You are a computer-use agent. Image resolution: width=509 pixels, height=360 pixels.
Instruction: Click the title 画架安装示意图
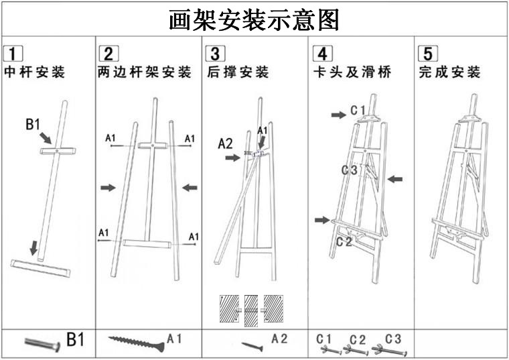coord(254,19)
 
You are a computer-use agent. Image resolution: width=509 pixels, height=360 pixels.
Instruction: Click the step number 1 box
coord(13,54)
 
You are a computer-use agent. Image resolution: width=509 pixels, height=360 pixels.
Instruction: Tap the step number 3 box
coord(216,54)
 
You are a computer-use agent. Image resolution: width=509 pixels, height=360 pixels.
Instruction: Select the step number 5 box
coord(427,54)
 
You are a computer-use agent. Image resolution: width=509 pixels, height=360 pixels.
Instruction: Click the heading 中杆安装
coord(35,72)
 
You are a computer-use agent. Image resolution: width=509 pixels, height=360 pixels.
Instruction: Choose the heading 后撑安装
coord(238,72)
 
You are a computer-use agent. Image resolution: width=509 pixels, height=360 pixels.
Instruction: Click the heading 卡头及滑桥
coord(352,72)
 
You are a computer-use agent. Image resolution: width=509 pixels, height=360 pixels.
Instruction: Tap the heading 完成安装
coord(450,72)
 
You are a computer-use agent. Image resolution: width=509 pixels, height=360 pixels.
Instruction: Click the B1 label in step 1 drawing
coord(34,124)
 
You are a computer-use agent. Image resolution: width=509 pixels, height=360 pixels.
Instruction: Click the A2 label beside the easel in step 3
coord(226,142)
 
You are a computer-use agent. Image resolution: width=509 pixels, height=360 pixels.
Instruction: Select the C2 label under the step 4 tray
coord(344,242)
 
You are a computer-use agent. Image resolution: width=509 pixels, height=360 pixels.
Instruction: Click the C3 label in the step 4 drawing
coord(349,170)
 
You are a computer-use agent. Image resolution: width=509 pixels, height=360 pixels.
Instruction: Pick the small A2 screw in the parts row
coord(252,345)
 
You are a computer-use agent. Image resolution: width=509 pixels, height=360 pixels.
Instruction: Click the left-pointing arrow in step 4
coord(395,179)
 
